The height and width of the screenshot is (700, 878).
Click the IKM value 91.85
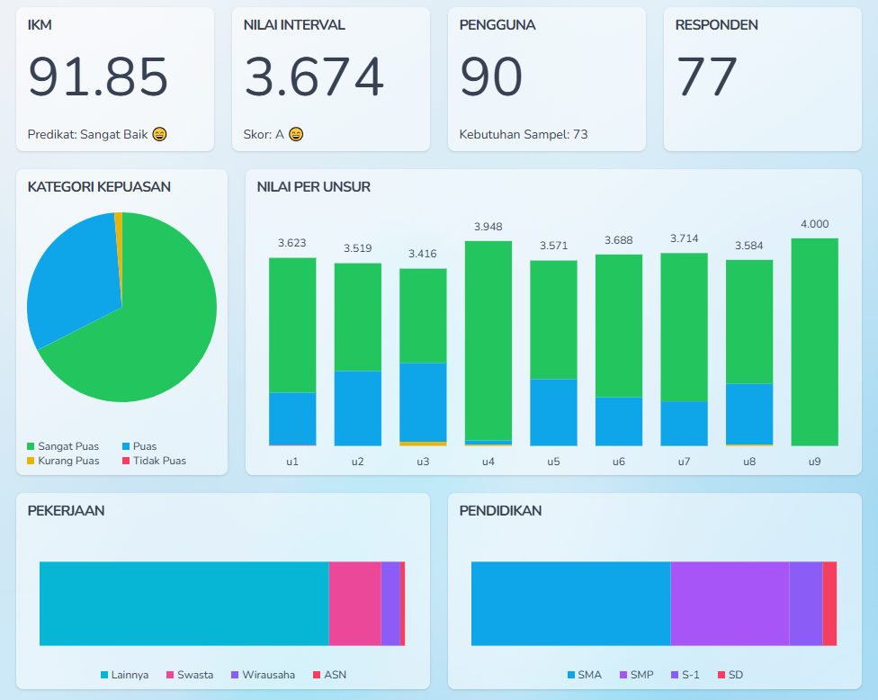[x=98, y=77]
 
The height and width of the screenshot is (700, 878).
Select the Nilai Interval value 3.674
[x=314, y=77]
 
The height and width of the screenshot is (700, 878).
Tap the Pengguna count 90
[x=491, y=77]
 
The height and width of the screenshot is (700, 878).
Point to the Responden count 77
[x=707, y=77]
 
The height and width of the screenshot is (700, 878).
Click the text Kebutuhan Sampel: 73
[x=524, y=135]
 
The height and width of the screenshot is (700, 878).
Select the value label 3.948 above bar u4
[x=488, y=227]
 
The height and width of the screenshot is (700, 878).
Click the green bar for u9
[x=814, y=342]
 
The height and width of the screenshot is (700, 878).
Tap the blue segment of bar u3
[x=423, y=401]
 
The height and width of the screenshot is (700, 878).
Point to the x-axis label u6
[x=619, y=462]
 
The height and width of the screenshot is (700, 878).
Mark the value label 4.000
[x=814, y=224]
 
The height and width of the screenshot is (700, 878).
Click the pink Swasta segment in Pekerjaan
[x=354, y=604]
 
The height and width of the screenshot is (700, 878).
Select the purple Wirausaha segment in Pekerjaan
[x=390, y=604]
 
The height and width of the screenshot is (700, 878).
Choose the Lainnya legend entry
[x=125, y=675]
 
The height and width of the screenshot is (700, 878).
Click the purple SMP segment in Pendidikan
[x=730, y=604]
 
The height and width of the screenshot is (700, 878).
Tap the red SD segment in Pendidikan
[x=829, y=604]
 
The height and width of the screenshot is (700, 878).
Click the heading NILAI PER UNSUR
[x=314, y=187]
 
